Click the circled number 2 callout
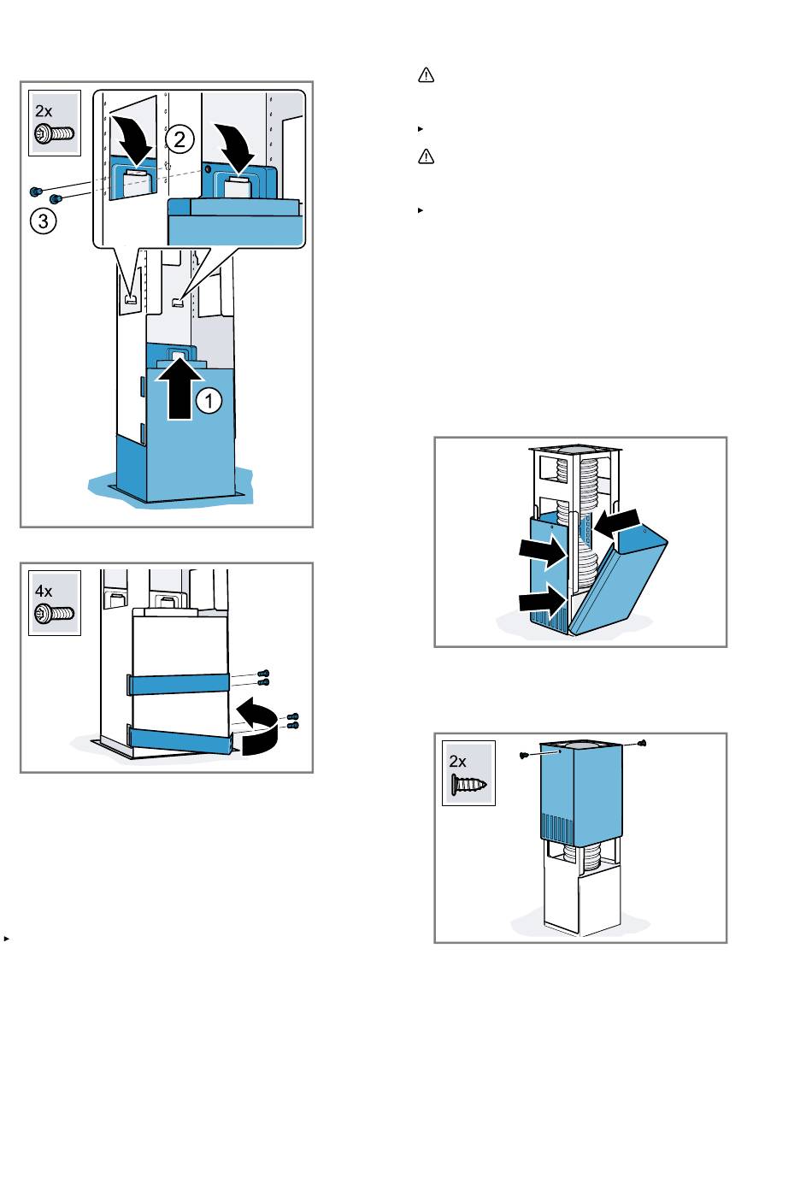pyautogui.click(x=179, y=139)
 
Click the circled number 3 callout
pyautogui.click(x=44, y=221)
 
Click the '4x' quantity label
pyautogui.click(x=44, y=591)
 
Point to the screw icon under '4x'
pyautogui.click(x=54, y=613)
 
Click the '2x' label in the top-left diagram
pyautogui.click(x=44, y=111)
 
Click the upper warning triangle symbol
pyautogui.click(x=426, y=76)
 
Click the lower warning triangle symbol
pyautogui.click(x=426, y=156)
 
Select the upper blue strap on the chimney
pyautogui.click(x=179, y=683)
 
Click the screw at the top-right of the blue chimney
pyautogui.click(x=643, y=743)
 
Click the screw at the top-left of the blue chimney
pyautogui.click(x=522, y=756)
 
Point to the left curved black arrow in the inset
pyautogui.click(x=136, y=135)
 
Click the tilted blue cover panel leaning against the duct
pyautogui.click(x=619, y=580)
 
